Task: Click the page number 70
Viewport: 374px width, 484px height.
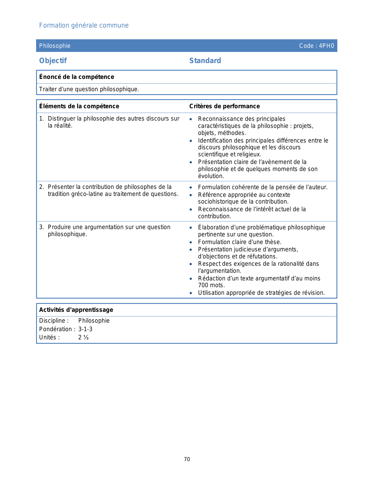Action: tap(187, 459)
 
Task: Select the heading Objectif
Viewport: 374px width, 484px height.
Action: tap(53, 61)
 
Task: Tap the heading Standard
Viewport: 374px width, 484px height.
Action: tap(205, 61)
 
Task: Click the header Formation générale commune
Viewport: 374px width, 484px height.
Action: tap(84, 26)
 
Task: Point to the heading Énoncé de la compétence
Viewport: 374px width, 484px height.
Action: tap(77, 77)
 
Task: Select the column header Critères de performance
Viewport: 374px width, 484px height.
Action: tap(224, 106)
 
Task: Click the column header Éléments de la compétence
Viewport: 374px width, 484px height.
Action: tap(79, 106)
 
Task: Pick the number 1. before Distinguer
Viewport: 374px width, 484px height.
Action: tap(41, 119)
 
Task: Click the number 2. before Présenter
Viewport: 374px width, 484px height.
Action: tap(41, 187)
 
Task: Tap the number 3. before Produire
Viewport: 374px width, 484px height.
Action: tap(41, 227)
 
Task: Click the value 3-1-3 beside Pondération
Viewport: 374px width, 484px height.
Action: tap(85, 329)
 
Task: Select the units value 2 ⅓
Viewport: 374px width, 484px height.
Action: tap(83, 337)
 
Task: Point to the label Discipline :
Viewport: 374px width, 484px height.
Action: tap(54, 321)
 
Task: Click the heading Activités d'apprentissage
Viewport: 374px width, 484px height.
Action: tap(76, 310)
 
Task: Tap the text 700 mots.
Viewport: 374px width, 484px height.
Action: tap(211, 285)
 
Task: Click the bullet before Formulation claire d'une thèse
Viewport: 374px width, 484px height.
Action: tap(191, 242)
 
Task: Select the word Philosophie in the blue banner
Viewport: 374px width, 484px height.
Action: tap(55, 46)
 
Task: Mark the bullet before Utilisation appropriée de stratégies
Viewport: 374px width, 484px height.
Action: tap(191, 293)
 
